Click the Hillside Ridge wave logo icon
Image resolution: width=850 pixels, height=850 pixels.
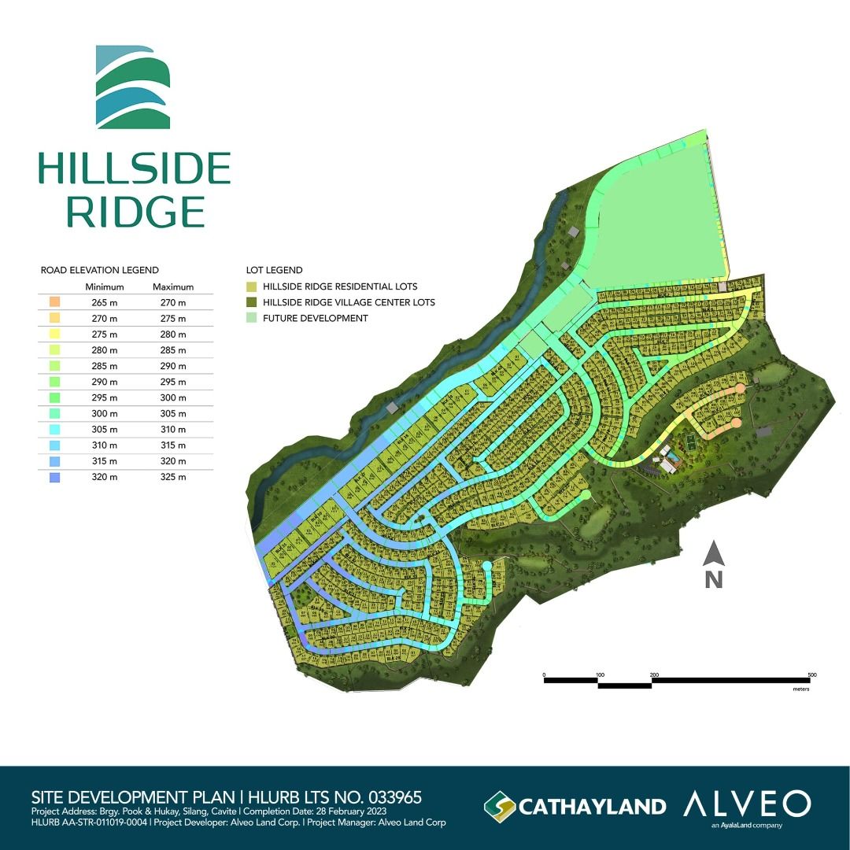(x=133, y=87)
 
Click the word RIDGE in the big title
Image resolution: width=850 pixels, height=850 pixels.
(x=135, y=212)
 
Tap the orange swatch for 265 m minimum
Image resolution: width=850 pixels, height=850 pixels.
(x=54, y=302)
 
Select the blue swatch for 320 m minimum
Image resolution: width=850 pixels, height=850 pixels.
(x=54, y=477)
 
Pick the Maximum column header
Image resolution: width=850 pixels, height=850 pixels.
(x=173, y=286)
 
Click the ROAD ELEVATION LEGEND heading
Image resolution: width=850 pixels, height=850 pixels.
(x=100, y=270)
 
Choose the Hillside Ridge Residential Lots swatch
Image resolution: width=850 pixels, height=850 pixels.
(x=252, y=286)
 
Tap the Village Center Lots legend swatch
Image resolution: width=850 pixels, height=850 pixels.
(x=252, y=302)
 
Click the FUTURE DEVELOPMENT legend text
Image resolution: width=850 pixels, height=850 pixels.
(x=316, y=318)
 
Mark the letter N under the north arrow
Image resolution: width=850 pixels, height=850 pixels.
(x=714, y=580)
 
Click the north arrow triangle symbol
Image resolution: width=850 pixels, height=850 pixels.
(x=714, y=554)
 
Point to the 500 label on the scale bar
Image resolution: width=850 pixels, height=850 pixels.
(x=811, y=675)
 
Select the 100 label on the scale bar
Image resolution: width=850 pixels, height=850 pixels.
(x=600, y=675)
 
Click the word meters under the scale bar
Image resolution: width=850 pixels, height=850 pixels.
(x=802, y=689)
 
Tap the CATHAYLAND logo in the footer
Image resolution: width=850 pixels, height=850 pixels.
(x=575, y=806)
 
